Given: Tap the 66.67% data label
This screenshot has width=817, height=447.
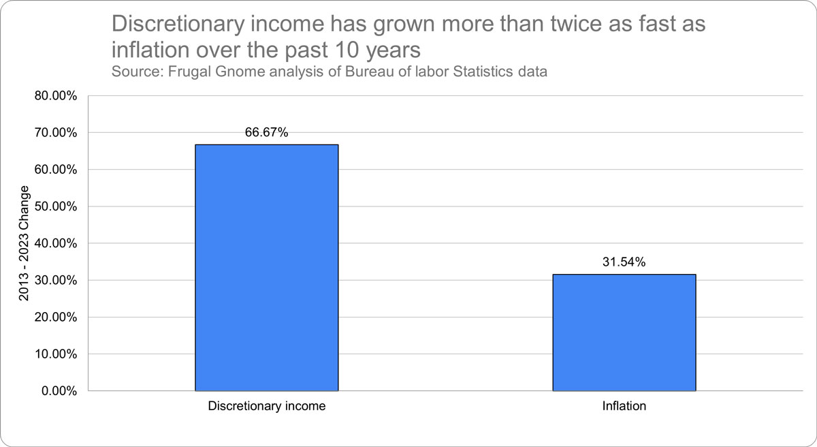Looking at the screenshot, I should coord(266,133).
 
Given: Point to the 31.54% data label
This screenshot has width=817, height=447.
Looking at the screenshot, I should coord(624,262).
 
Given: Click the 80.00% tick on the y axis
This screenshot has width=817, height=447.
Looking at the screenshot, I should coord(55,95).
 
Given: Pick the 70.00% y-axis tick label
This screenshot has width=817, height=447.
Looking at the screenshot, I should coord(55,132).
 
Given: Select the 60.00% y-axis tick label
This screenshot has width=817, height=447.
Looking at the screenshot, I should coord(55,169).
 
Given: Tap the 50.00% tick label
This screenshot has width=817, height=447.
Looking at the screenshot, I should coord(55,206).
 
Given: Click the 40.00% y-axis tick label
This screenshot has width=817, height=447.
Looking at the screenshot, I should coord(55,243).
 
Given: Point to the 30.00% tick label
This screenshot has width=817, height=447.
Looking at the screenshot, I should coord(55,280).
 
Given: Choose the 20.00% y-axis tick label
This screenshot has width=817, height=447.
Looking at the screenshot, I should coord(55,317).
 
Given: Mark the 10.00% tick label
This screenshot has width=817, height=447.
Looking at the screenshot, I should coord(55,354).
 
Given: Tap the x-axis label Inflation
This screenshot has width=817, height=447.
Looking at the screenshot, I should coord(624,407).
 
